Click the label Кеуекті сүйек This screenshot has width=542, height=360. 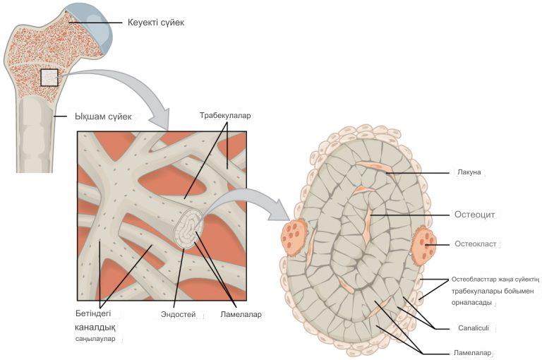click(x=156, y=23)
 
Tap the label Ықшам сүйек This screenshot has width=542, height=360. click(x=102, y=115)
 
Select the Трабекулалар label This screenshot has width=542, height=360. click(x=225, y=115)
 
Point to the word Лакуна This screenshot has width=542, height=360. click(x=468, y=172)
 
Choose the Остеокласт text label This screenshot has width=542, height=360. click(x=476, y=244)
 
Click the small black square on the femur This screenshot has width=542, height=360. click(x=49, y=77)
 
